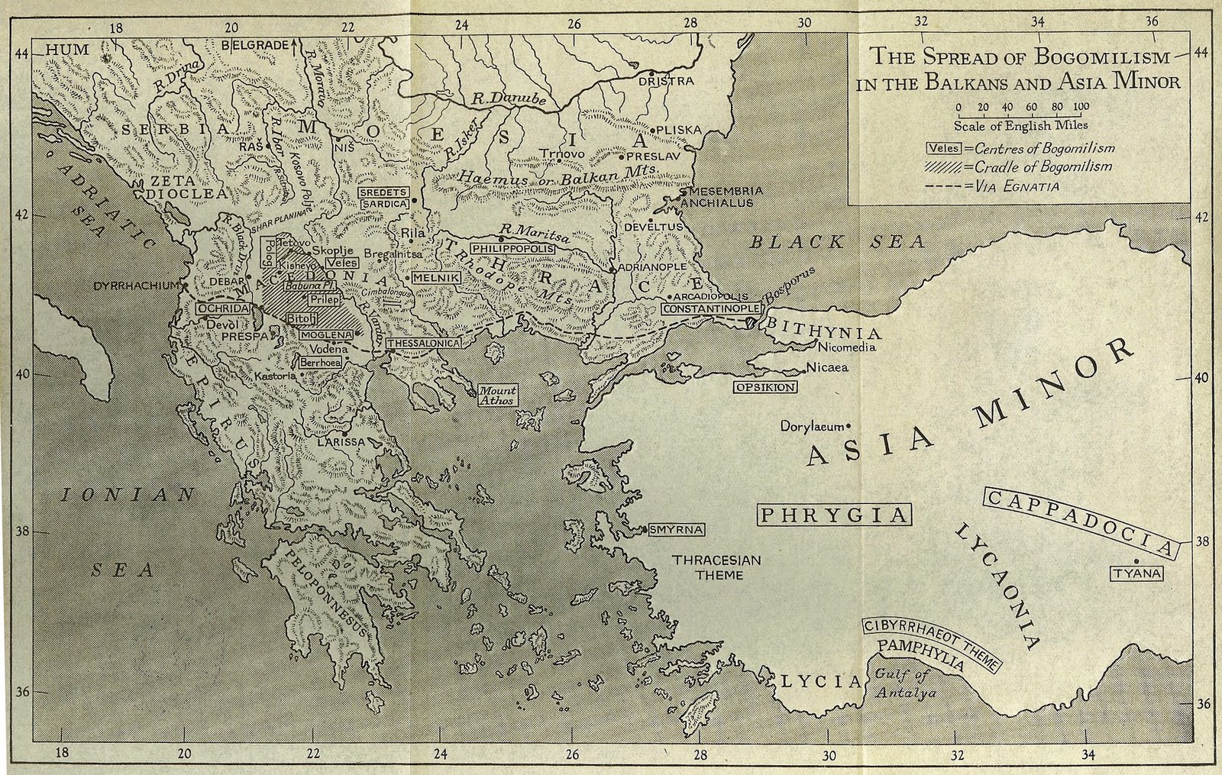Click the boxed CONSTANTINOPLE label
pos(712,308)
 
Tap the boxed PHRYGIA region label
pos(835,515)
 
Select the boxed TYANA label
pos(1136,573)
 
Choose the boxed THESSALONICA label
pos(424,344)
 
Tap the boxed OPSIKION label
pos(765,387)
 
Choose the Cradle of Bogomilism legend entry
pos(1007,167)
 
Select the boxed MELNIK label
pos(436,279)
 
